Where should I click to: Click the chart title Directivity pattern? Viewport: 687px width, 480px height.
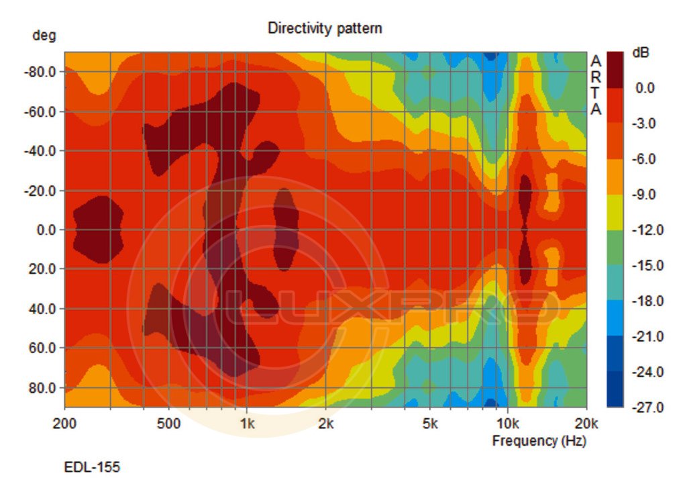click(325, 28)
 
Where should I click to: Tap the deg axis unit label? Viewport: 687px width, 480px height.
click(44, 36)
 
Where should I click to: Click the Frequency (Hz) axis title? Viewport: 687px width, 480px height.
click(539, 441)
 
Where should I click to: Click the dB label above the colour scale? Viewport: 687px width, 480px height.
click(641, 52)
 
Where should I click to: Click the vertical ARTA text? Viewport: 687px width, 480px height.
click(595, 85)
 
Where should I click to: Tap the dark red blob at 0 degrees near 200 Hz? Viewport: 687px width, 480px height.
click(98, 230)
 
